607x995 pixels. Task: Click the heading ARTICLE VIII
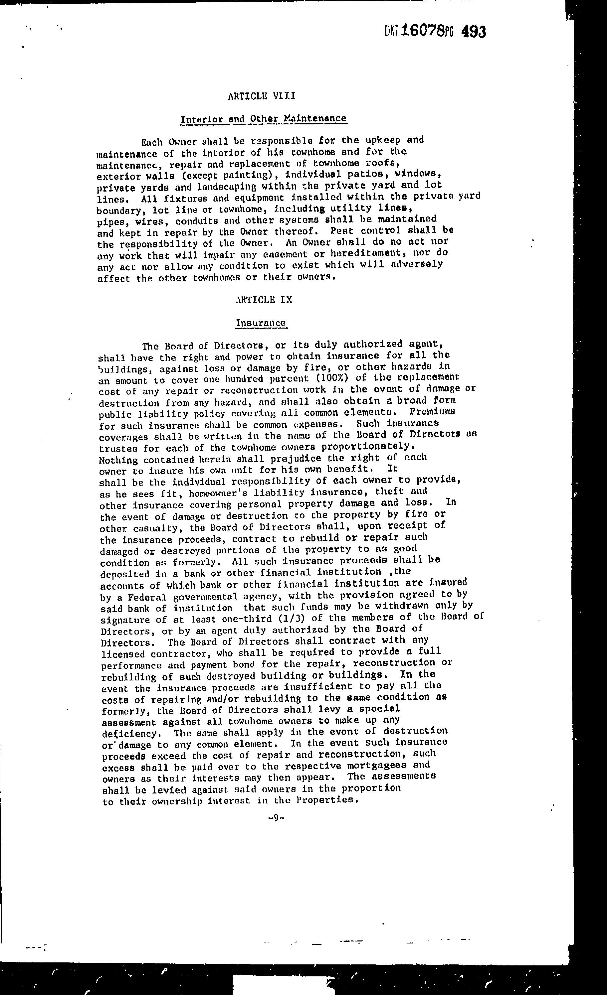coord(262,96)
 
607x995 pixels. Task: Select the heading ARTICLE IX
coord(263,300)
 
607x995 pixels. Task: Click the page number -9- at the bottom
coord(277,818)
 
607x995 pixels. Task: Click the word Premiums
coord(426,412)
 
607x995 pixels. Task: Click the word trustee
coord(117,449)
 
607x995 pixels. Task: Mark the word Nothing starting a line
coord(118,460)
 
